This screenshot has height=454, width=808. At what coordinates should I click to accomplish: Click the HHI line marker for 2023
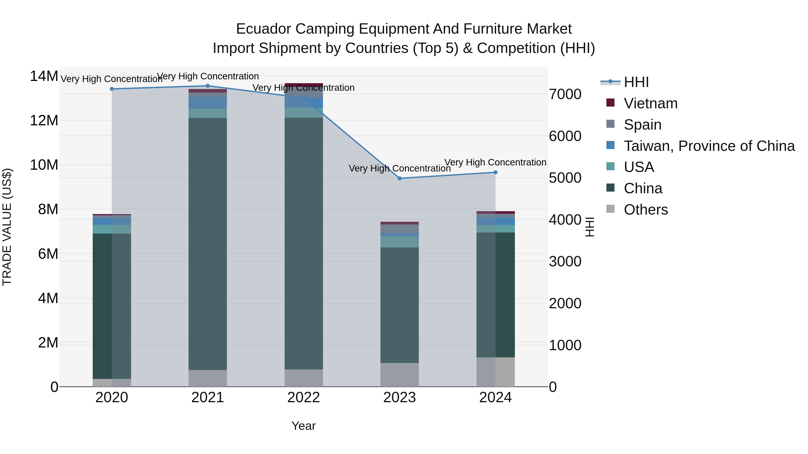(399, 178)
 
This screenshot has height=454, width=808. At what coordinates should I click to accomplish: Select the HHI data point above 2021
(207, 86)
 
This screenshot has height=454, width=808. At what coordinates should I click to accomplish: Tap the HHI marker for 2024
(495, 172)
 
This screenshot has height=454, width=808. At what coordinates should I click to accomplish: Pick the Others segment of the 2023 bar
(399, 375)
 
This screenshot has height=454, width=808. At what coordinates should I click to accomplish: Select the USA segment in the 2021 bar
(207, 113)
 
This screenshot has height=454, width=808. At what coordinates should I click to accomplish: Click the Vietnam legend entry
(650, 103)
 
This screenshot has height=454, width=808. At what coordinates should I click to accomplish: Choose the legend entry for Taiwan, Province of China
(709, 146)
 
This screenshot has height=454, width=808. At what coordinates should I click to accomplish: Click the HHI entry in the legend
(636, 82)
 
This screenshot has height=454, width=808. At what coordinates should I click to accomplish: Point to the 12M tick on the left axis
(44, 121)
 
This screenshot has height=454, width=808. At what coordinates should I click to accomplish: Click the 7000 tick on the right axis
(565, 94)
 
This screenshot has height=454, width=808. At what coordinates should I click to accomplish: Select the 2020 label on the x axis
(112, 398)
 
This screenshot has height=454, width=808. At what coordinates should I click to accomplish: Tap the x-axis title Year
(303, 426)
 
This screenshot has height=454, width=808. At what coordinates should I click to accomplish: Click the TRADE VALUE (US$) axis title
(7, 227)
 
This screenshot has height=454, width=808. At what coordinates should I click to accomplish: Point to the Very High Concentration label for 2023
(399, 168)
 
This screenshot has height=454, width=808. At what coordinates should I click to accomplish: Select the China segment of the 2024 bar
(495, 295)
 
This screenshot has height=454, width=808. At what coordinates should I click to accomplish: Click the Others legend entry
(646, 210)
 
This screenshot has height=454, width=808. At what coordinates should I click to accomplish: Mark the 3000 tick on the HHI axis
(565, 262)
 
